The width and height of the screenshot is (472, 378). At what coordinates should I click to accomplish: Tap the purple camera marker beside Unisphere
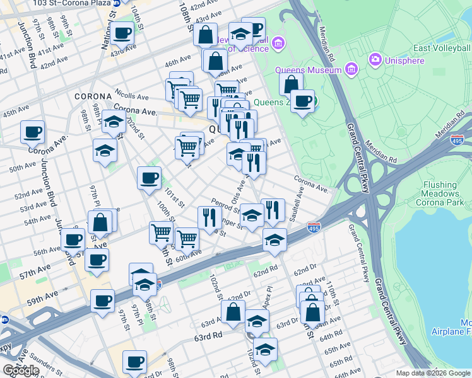pyautogui.click(x=375, y=59)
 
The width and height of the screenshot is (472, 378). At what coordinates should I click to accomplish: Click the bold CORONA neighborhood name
pyautogui.click(x=93, y=96)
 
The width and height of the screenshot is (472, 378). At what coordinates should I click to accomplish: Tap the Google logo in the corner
pyautogui.click(x=21, y=370)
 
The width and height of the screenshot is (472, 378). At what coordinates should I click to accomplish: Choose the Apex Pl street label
pyautogui.click(x=268, y=295)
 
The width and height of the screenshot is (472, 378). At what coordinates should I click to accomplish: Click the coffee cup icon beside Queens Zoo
pyautogui.click(x=303, y=101)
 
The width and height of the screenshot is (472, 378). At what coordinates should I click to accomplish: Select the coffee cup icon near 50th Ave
pyautogui.click(x=33, y=132)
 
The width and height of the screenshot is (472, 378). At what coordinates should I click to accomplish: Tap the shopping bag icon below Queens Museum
pyautogui.click(x=291, y=84)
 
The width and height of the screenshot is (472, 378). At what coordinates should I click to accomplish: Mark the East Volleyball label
pyautogui.click(x=442, y=48)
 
